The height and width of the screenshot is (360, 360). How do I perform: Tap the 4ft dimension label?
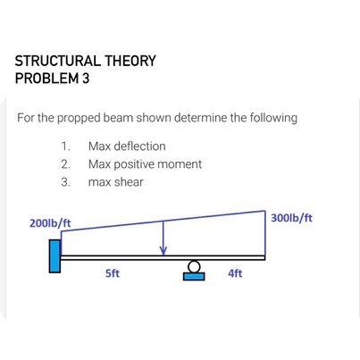tap(235, 274)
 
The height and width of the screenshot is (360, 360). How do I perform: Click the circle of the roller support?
tap(194, 266)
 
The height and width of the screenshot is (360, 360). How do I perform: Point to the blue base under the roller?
tap(194, 275)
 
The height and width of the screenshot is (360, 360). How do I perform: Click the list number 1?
tap(64, 146)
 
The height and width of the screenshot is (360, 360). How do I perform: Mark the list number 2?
tap(64, 164)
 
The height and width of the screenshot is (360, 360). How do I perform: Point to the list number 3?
tap(64, 182)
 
